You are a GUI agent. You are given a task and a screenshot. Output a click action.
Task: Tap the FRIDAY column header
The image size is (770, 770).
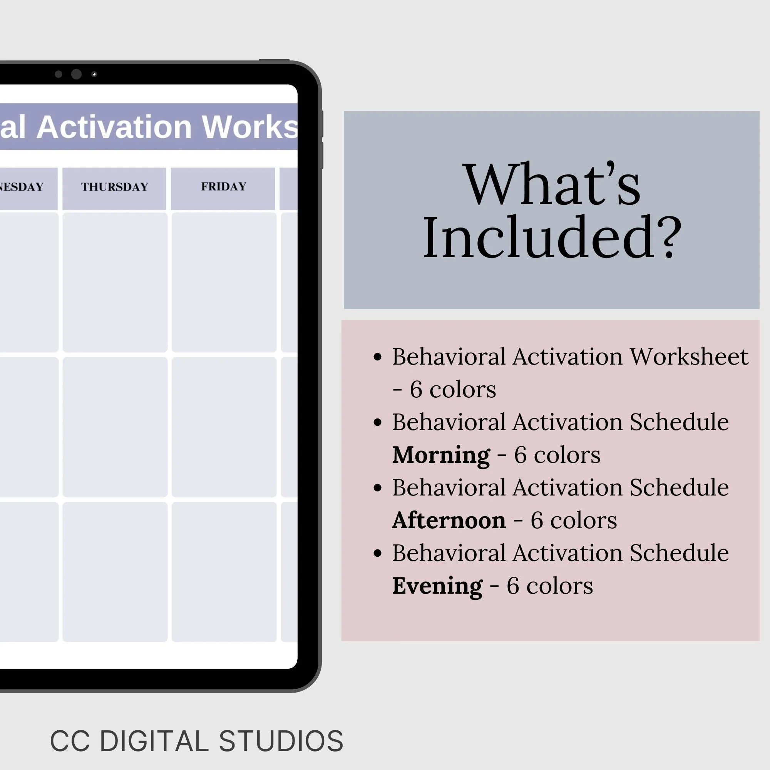224,186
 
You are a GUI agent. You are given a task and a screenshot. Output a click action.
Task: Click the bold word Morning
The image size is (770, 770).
441,455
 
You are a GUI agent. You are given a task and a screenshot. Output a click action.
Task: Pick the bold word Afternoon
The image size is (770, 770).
449,520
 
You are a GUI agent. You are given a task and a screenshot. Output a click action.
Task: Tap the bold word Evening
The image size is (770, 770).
437,586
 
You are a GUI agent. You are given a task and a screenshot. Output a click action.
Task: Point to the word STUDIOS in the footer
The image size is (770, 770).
281,741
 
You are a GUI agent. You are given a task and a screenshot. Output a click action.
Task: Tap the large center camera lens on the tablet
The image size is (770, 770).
76,74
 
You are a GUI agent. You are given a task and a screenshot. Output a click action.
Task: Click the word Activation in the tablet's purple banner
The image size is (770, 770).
114,127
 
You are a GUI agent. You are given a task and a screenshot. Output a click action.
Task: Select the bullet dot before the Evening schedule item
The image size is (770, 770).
377,553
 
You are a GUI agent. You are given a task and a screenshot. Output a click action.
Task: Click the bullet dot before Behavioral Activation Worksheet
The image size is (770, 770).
377,357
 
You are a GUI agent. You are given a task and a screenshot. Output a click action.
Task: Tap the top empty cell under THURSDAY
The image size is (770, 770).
115,282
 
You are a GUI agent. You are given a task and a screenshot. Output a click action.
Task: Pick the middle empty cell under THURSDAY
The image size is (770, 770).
115,427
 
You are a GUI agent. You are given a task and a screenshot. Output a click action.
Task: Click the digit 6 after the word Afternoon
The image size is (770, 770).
536,520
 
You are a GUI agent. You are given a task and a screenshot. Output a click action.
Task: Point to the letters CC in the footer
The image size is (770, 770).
70,741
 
